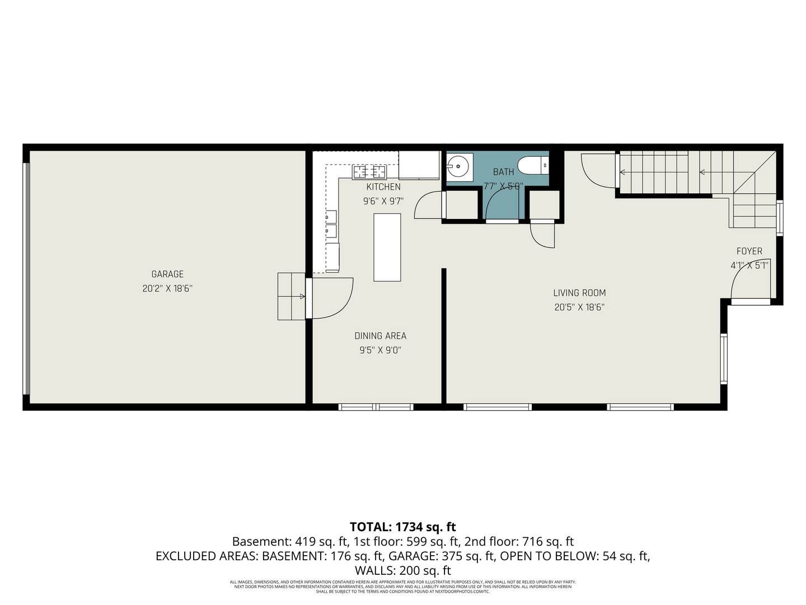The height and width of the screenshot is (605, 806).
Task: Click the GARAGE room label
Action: [x=167, y=274]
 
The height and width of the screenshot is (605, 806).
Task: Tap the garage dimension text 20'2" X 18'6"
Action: [x=167, y=288]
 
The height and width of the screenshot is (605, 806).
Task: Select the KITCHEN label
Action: [x=383, y=187]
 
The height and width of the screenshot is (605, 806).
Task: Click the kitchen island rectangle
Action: [x=387, y=247]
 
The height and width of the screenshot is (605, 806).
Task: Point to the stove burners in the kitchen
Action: [x=369, y=171]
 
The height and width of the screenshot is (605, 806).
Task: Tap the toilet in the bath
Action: [x=532, y=166]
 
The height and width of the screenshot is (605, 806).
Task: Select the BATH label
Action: [x=503, y=172]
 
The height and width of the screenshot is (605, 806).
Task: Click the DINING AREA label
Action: [x=380, y=336]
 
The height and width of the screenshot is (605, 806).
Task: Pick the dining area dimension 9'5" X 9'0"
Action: [x=380, y=350]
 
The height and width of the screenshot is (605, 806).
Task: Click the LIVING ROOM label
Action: [x=579, y=292]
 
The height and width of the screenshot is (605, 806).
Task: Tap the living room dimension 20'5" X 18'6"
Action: [x=579, y=307]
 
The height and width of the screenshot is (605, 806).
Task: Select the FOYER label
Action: [x=749, y=251]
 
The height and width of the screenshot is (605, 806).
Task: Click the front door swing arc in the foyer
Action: [x=747, y=280]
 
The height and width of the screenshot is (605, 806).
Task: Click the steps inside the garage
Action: [x=291, y=296]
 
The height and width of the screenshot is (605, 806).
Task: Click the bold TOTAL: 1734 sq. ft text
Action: [x=402, y=527]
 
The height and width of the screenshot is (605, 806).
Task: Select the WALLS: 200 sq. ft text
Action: [x=402, y=570]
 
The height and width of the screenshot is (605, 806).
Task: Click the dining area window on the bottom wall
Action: [x=376, y=407]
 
